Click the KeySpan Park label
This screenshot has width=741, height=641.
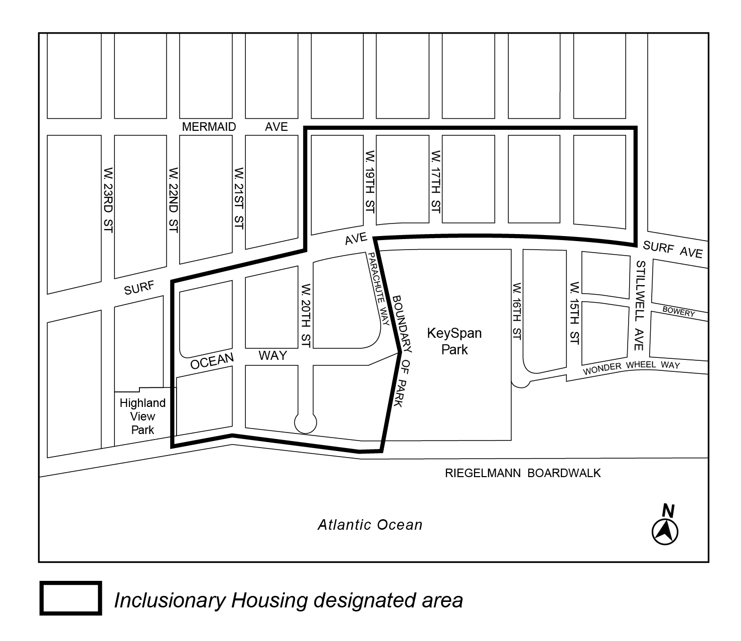(454, 341)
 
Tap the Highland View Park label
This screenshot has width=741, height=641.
(142, 416)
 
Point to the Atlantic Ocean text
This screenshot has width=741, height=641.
(370, 525)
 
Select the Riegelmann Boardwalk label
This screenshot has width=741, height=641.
(523, 473)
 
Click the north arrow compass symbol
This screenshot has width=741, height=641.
(665, 530)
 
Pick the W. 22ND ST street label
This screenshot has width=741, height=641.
(174, 199)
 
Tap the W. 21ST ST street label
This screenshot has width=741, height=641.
(239, 198)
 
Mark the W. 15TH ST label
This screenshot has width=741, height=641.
(575, 313)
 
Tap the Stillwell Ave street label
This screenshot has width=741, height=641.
(639, 306)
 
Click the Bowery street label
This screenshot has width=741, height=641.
(678, 312)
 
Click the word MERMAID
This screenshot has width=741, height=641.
(209, 127)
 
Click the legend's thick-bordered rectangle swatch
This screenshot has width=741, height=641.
(71, 598)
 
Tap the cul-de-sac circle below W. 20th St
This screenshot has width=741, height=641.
(306, 423)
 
